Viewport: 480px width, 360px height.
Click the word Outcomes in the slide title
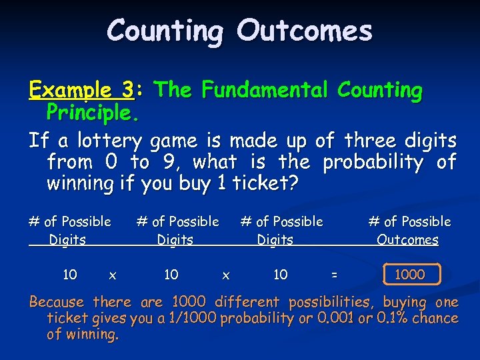coord(305,31)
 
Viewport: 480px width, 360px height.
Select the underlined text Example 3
coord(79,90)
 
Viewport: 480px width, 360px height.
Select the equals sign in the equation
coord(334,274)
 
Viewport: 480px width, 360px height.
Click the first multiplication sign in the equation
coord(113,274)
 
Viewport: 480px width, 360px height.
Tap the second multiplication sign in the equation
coord(226,274)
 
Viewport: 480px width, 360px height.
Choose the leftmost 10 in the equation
coord(69,273)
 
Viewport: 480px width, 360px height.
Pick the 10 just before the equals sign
coord(281,273)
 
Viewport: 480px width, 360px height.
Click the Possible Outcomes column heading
coord(408,230)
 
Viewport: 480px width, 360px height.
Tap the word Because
coord(58,302)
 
